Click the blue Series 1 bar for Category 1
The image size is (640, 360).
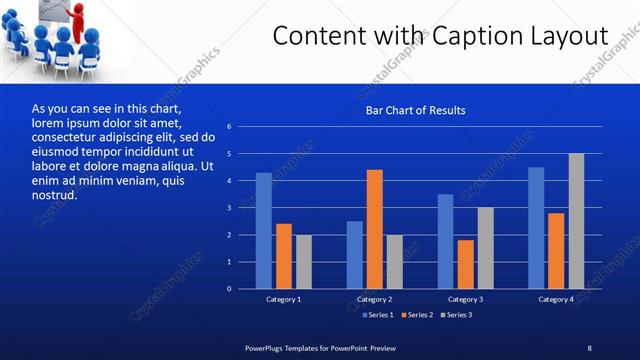point(263,231)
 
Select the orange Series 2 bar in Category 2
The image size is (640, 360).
point(375,229)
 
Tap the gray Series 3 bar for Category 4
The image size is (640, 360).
point(576,221)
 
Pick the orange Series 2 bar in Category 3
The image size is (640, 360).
point(466,264)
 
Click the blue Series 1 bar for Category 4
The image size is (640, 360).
point(536,228)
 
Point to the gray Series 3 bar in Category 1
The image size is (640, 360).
point(303,262)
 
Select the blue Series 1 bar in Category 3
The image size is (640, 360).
point(445,241)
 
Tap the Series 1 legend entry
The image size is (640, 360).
point(377,315)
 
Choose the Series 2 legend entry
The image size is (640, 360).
point(416,315)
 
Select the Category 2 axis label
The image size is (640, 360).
point(375,299)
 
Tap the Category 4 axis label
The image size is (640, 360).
point(556,299)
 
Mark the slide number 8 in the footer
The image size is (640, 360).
point(589,347)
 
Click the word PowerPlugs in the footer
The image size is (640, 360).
point(267,347)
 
